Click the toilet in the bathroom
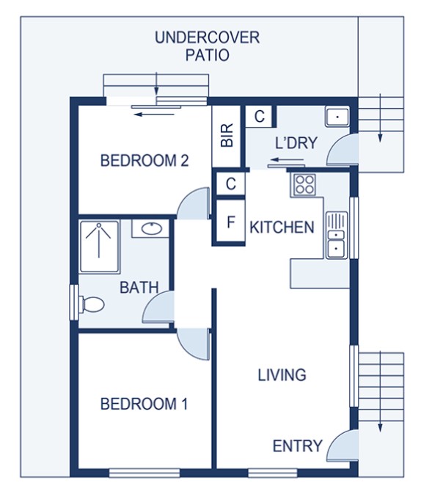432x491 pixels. point(92,304)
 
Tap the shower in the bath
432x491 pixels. point(99,247)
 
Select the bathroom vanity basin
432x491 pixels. point(152,228)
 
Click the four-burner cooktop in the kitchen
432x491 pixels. point(304,185)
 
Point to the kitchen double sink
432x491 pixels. point(336,236)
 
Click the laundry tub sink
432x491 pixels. point(337,117)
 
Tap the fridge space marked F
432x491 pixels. point(231,222)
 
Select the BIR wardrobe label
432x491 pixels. point(227,135)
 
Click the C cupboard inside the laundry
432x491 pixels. point(259,116)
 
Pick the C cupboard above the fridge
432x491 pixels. point(231,183)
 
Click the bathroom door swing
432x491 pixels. point(158,307)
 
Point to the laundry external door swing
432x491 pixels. point(343,150)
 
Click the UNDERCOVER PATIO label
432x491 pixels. point(208,46)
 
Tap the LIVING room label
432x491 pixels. point(282,375)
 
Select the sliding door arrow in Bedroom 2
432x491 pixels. point(154,114)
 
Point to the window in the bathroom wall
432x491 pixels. point(74,302)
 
